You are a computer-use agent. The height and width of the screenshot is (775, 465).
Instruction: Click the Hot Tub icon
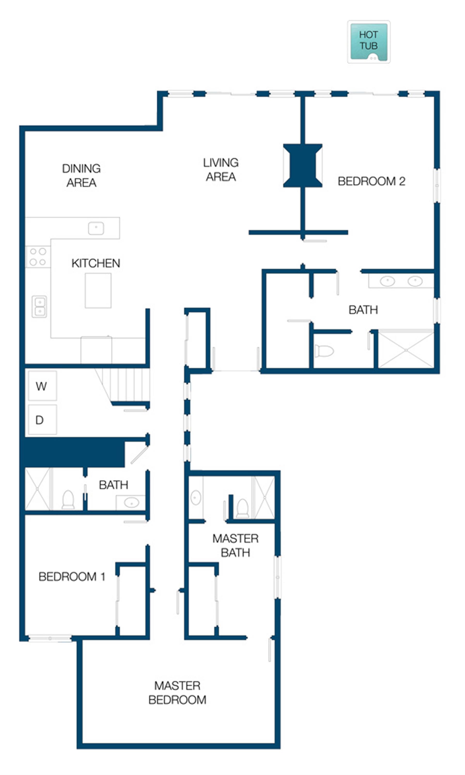click(369, 42)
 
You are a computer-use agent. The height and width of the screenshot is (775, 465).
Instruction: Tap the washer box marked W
click(42, 386)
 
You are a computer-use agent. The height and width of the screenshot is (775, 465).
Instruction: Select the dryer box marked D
click(42, 419)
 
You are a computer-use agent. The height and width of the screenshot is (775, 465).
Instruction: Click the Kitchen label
click(96, 263)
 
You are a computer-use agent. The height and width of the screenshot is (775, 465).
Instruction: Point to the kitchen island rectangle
click(98, 290)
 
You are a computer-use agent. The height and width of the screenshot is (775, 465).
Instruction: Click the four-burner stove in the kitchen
click(38, 257)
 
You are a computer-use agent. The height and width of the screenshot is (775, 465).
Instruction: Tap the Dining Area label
click(81, 175)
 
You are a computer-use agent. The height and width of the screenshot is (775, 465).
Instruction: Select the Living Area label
click(221, 170)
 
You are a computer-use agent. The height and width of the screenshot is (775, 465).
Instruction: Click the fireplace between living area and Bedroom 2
click(303, 165)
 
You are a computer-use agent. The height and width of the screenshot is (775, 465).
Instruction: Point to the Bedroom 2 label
click(371, 181)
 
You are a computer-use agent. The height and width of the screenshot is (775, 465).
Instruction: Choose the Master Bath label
click(235, 545)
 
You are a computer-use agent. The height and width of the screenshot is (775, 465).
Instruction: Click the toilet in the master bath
click(242, 508)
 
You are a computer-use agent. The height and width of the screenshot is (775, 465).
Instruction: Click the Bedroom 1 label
click(72, 576)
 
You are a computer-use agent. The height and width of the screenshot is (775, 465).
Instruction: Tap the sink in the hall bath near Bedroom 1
click(131, 503)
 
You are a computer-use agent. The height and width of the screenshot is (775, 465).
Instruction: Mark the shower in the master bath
click(264, 497)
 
